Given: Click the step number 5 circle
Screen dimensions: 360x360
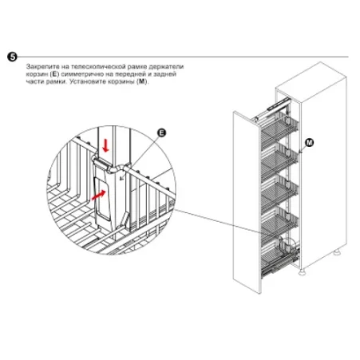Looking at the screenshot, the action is click(x=12, y=57).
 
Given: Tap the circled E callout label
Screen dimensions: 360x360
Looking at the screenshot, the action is click(x=161, y=133).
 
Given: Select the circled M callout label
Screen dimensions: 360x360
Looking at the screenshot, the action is click(x=309, y=143).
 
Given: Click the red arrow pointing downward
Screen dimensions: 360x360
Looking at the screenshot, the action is click(x=106, y=146).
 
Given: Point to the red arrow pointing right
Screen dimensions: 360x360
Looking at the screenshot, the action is click(x=98, y=195).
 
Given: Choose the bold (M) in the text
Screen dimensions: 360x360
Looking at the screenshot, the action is click(x=143, y=81).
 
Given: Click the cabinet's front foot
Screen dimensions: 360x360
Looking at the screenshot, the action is click(x=303, y=272).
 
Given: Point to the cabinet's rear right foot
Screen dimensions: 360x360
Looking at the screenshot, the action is click(x=338, y=251).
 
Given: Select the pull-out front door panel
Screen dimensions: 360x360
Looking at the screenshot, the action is click(x=247, y=202).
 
